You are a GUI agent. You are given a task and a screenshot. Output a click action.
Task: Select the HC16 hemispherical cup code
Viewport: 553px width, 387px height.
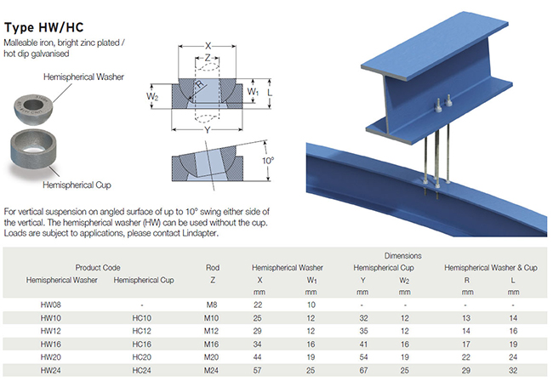[x=141, y=344]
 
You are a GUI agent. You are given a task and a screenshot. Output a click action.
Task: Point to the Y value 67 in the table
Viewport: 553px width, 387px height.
[x=363, y=371]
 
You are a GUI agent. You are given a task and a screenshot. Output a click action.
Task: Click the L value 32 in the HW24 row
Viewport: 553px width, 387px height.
[x=513, y=371]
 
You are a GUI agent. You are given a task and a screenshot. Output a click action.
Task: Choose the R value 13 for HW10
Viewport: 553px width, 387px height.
[x=466, y=317]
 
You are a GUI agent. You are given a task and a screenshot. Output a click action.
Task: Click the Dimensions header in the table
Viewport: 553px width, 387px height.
[x=402, y=255]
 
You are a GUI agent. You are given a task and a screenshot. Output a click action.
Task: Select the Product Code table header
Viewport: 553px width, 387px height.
[x=101, y=267]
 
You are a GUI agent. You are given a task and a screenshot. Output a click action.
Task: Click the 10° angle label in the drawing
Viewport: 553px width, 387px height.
[x=269, y=161]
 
